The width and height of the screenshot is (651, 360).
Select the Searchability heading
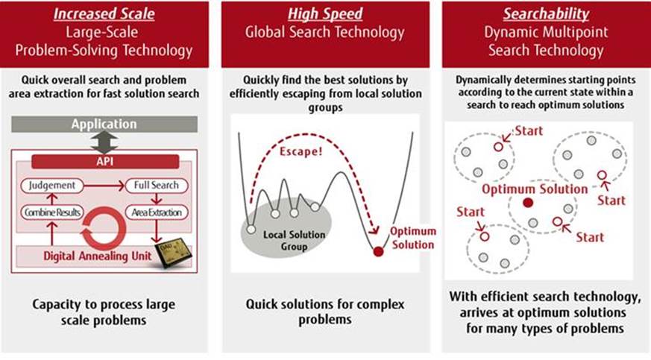(x=545, y=14)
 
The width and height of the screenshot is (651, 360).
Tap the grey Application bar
(x=104, y=124)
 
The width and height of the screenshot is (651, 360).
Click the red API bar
(x=104, y=160)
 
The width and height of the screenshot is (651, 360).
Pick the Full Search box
(x=156, y=184)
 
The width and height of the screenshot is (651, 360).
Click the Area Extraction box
(x=156, y=212)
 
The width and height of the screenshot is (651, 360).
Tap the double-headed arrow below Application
(x=104, y=142)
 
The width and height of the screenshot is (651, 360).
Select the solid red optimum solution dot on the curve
(x=378, y=252)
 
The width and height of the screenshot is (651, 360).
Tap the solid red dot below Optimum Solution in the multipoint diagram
(x=528, y=203)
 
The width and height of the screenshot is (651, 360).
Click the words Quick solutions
(x=289, y=305)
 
